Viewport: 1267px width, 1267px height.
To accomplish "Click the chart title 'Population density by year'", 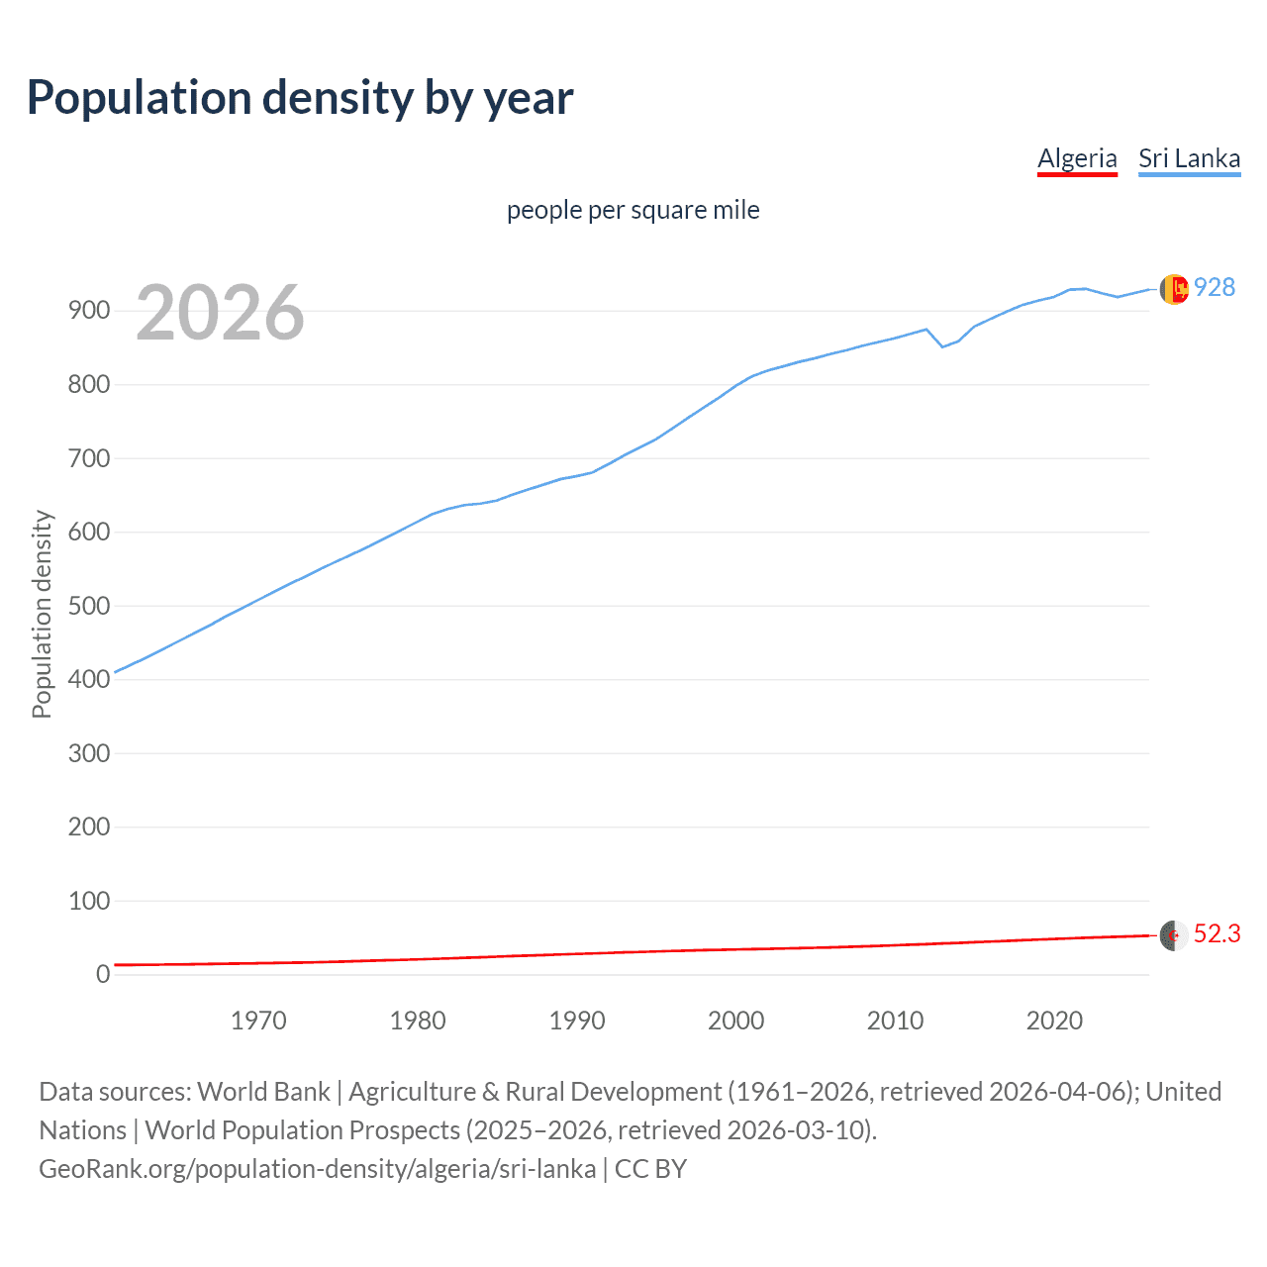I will coord(300,98).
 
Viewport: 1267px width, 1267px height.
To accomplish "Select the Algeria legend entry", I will coord(1077,158).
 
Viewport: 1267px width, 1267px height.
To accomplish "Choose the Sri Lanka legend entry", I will coord(1189,158).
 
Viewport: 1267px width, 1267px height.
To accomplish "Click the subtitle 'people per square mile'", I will coord(633,211).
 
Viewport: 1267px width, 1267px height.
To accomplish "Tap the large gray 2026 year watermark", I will coord(220,313).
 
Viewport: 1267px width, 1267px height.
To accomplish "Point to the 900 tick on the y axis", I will coord(88,311).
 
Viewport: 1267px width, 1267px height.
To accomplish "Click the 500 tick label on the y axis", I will coord(88,606).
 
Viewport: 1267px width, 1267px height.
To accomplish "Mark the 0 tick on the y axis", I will coord(103,974).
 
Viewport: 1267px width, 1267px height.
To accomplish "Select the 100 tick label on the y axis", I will coord(88,901).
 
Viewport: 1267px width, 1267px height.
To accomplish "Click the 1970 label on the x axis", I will coord(258,1021).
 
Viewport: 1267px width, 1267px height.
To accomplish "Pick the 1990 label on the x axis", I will coord(577,1021).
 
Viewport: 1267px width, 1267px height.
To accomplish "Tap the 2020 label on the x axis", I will coord(1054,1021).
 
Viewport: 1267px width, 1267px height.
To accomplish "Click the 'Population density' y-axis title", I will coord(42,614).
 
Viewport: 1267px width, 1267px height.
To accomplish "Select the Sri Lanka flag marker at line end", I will coord(1174,289).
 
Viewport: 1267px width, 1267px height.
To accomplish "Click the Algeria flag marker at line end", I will coord(1174,934).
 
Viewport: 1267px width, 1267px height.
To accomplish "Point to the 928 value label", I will coord(1215,288).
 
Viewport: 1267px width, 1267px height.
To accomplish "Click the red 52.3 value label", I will coord(1217,934).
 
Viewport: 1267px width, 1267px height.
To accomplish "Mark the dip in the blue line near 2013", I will coord(942,345).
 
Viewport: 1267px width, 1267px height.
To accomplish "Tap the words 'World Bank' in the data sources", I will coord(263,1092).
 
